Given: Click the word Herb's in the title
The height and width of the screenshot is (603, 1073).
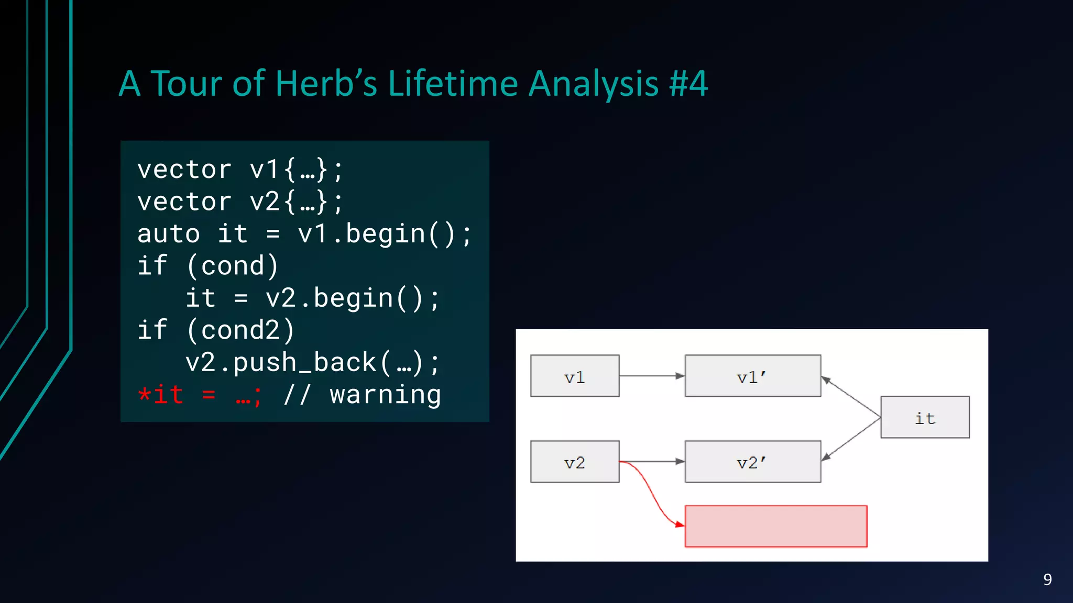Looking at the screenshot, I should coord(325,84).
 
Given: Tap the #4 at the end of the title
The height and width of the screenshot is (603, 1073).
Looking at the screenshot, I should coord(688,84).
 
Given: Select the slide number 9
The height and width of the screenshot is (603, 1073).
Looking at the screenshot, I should coord(1047,579).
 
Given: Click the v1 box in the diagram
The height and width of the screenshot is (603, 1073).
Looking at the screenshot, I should coord(575,376).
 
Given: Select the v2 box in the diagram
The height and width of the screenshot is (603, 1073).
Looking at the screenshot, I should coord(575,462).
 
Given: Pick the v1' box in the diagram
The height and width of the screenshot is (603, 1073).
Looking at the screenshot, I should coord(752,376).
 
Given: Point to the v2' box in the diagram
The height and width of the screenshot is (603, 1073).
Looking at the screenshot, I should coord(752,462).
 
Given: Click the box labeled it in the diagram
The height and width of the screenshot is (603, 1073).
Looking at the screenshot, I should coord(925,418).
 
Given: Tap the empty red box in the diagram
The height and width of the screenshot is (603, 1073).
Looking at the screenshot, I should coord(776,526).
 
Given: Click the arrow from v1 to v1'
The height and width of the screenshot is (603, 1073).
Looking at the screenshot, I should coord(652,376).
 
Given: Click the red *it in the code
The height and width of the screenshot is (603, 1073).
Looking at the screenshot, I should coord(160,395).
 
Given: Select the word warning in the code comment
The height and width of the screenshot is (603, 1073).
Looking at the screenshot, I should coord(385,395).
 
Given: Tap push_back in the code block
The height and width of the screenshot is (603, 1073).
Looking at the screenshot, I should coord(304,363).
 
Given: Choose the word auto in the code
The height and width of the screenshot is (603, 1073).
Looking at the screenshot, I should coord(169,234).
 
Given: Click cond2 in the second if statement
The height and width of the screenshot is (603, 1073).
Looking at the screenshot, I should coord(241,330).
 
